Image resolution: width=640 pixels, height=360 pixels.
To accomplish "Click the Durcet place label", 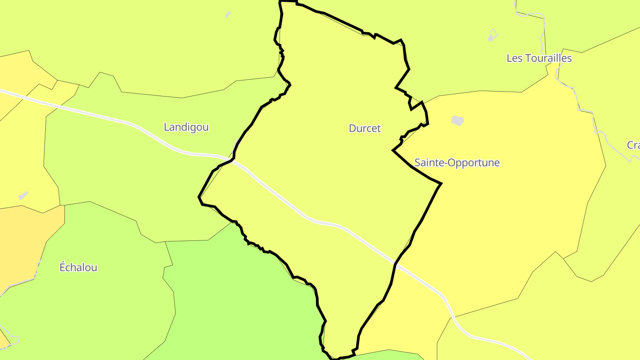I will coord(365,128).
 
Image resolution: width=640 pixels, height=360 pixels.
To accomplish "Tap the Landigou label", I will coord(186,127).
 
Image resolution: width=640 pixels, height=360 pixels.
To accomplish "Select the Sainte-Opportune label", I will coord(457,163).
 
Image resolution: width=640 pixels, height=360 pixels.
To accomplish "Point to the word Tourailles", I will coord(548,58).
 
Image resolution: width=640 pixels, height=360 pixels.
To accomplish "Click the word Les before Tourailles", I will coord(514,58).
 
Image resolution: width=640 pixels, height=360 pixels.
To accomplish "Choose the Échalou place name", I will coord(78,268).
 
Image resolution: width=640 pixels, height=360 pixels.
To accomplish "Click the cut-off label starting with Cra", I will coord(633,145).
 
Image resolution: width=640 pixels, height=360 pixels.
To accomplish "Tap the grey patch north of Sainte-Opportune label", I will coord(458,120).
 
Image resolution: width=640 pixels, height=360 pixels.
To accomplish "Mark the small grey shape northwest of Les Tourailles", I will coord(491,37).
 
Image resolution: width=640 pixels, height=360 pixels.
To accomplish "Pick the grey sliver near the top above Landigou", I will coord(228,15).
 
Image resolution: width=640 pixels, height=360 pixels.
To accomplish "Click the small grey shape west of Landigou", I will coord(23,196).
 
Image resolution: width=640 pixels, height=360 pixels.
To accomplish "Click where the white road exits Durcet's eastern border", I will coord(396,264).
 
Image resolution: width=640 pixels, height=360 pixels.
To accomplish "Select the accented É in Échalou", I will coord(63,267).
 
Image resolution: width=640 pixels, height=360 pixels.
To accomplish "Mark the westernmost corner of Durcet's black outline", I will coord(199,197).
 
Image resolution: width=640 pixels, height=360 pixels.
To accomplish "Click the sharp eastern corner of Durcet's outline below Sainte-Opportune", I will coord(441,183).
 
